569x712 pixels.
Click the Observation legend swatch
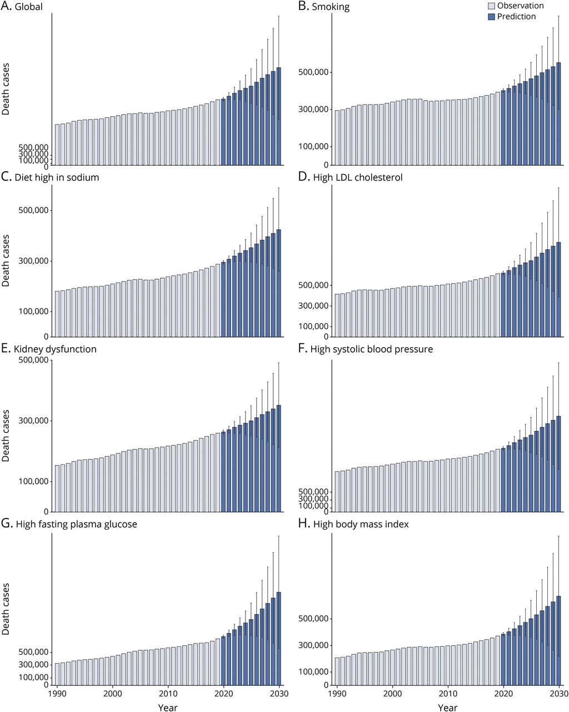click(491, 6)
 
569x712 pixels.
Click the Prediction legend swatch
click(491, 17)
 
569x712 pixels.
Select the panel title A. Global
click(22, 6)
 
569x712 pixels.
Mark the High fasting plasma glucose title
click(69, 524)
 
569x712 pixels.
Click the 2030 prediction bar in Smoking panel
click(558, 114)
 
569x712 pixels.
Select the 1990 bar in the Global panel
click(57, 145)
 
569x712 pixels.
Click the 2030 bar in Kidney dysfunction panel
click(279, 458)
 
